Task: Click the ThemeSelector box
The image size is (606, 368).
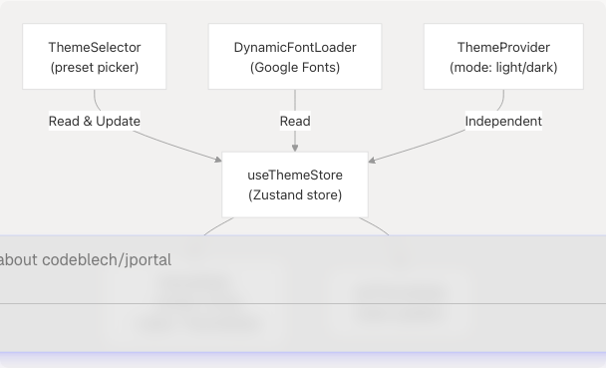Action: click(95, 57)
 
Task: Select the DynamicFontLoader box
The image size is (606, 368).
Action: click(295, 57)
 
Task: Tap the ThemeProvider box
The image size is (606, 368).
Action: click(503, 57)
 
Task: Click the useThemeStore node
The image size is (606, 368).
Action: click(295, 184)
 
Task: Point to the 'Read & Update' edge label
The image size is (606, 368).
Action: click(95, 121)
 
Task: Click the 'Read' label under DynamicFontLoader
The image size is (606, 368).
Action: click(295, 121)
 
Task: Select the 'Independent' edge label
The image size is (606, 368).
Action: click(503, 121)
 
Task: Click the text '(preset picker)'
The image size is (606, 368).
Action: click(95, 68)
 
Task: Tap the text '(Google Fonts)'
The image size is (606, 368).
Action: click(295, 68)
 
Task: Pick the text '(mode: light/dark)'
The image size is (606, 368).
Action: click(503, 68)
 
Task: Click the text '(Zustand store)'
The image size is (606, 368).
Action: click(295, 195)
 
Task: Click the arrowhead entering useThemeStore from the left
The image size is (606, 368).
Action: click(217, 159)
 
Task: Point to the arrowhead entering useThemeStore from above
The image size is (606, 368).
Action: click(295, 148)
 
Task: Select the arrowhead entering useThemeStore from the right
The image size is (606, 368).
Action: click(373, 159)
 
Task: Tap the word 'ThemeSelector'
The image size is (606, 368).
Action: click(95, 47)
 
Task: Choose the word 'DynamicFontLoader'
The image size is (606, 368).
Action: click(295, 47)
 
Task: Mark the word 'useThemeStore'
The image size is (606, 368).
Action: click(295, 175)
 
